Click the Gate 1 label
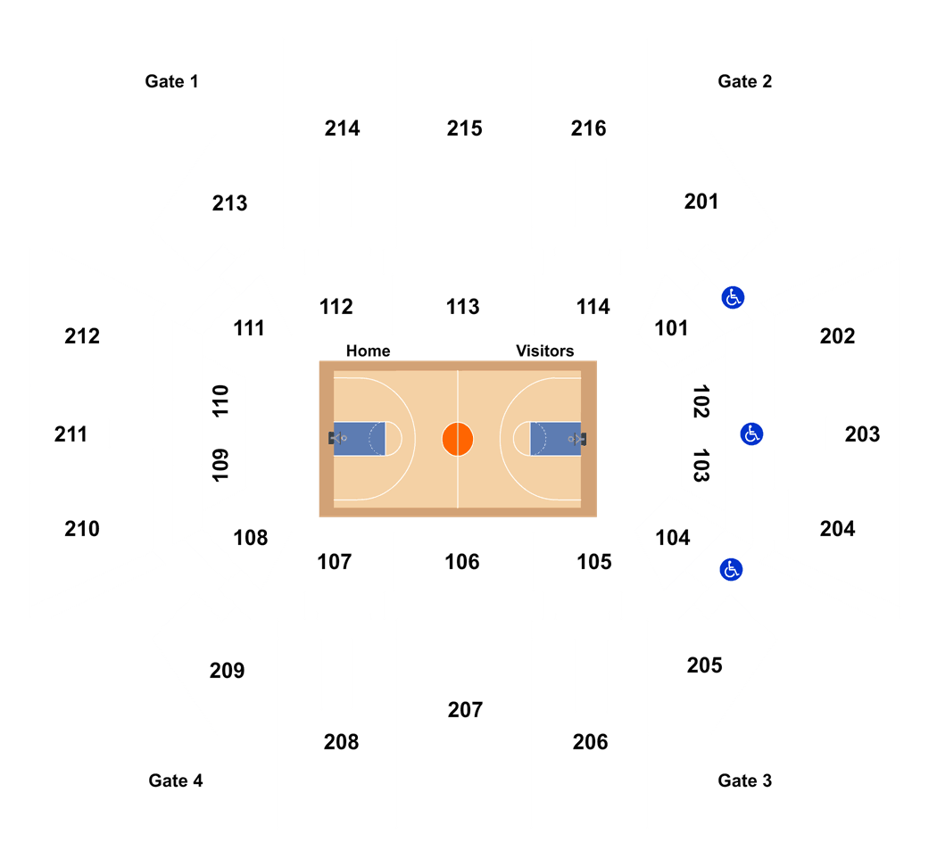(x=171, y=81)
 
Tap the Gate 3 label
(x=744, y=780)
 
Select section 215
(x=464, y=128)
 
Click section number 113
(x=462, y=307)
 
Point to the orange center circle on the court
(x=458, y=439)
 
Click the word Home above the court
(x=368, y=351)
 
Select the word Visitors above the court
(x=545, y=351)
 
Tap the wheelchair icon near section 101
(x=733, y=297)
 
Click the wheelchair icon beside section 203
(x=751, y=434)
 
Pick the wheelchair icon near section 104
(x=731, y=570)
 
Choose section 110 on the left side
(x=220, y=400)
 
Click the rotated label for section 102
(x=701, y=401)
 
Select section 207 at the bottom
(x=465, y=710)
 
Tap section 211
(x=70, y=434)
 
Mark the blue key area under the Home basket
(x=359, y=439)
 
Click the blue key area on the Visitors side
(x=556, y=439)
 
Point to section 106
(x=462, y=562)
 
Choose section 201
(x=701, y=202)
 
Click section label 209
(x=227, y=671)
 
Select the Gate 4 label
(x=176, y=780)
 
